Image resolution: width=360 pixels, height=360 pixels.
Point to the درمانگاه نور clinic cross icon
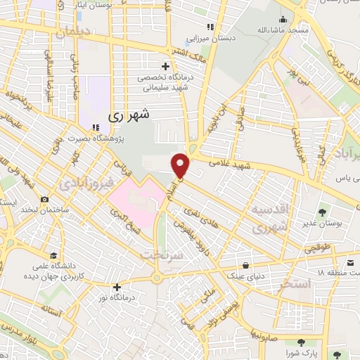coord(117,287)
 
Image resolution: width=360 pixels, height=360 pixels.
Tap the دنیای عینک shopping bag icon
coord(245,265)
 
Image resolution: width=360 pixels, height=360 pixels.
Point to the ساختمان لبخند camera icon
coord(44,200)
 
